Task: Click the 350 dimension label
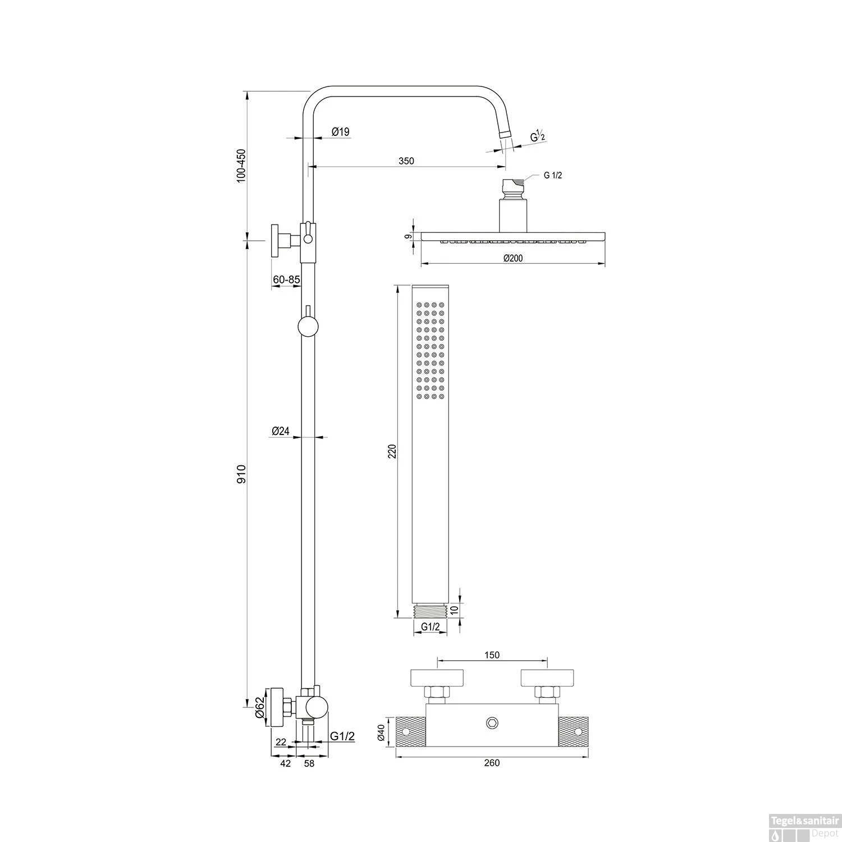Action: [x=406, y=161]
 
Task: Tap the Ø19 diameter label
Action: [x=340, y=132]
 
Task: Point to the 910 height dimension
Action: [x=241, y=474]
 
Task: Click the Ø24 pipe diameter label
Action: [x=280, y=431]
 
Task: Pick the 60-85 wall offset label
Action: [x=286, y=279]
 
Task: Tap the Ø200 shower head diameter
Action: [x=513, y=258]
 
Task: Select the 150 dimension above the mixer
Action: [x=492, y=655]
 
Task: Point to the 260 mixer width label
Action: [x=491, y=762]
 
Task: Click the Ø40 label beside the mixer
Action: [x=381, y=733]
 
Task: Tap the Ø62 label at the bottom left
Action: [x=259, y=707]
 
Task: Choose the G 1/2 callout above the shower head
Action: [x=552, y=175]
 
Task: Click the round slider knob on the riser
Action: [x=308, y=326]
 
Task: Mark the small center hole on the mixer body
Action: [x=492, y=722]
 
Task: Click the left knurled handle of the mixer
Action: [x=411, y=731]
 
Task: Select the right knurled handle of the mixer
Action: [x=574, y=731]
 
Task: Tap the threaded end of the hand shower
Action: [x=430, y=611]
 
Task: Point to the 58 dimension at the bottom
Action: [x=309, y=763]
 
